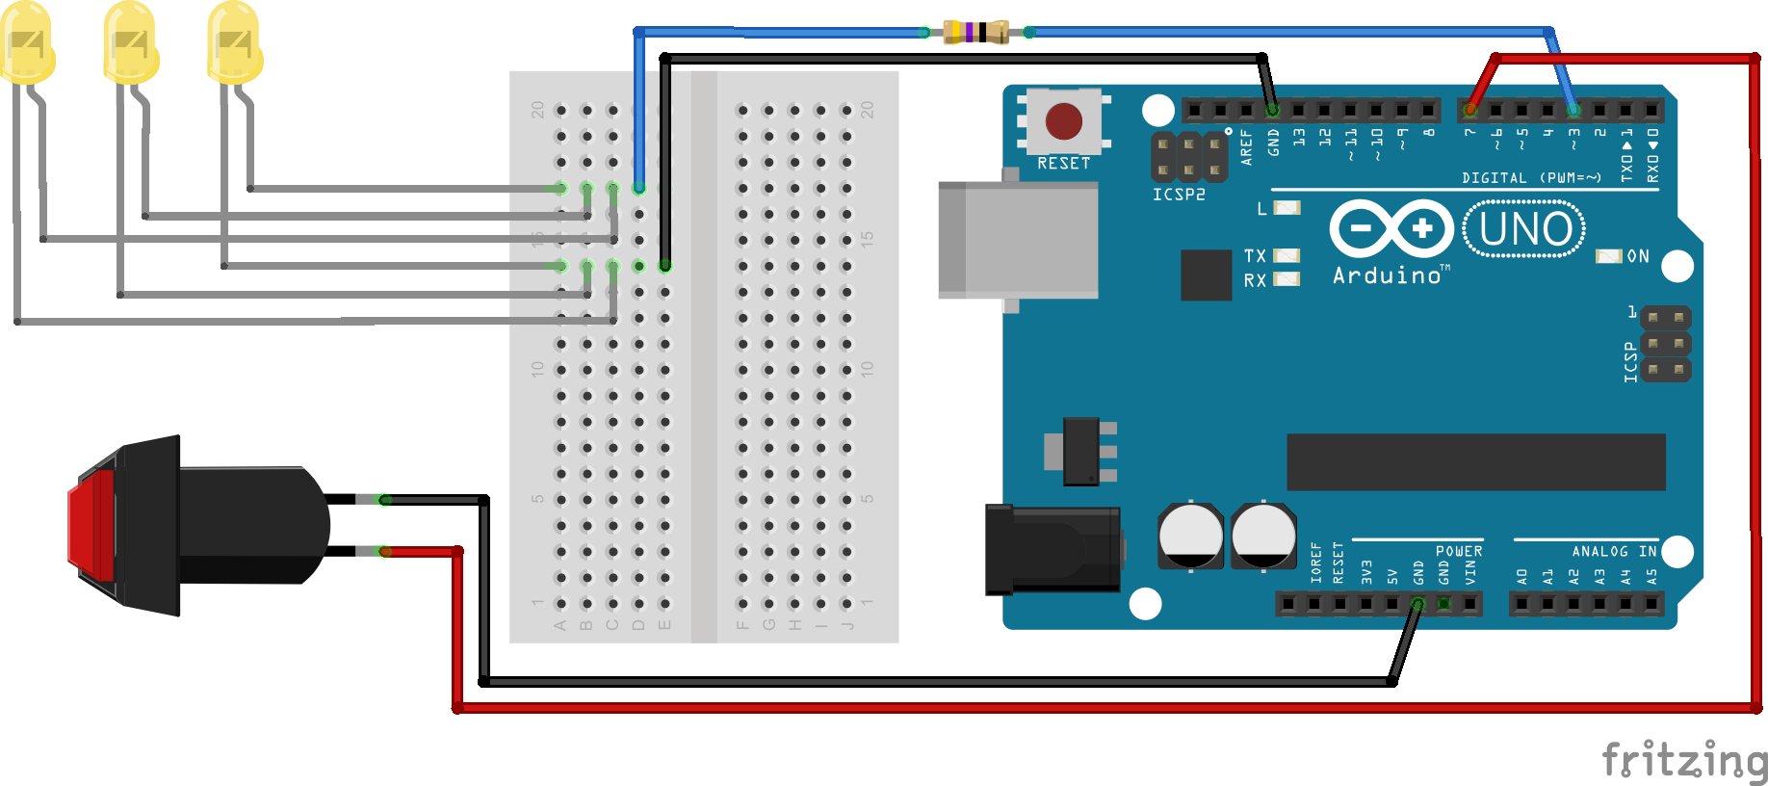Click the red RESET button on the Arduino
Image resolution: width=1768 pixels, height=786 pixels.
pyautogui.click(x=1063, y=121)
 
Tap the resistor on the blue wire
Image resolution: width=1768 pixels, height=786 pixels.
pyautogui.click(x=975, y=32)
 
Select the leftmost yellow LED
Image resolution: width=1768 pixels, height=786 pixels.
pyautogui.click(x=27, y=42)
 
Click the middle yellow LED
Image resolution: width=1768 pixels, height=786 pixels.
pyautogui.click(x=131, y=42)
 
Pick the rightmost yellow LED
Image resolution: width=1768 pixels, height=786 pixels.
pyautogui.click(x=234, y=42)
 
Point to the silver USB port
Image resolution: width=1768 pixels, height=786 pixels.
pyautogui.click(x=1018, y=240)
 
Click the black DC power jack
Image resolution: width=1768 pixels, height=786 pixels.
pyautogui.click(x=1053, y=549)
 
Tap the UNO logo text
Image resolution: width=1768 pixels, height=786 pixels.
pyautogui.click(x=1524, y=229)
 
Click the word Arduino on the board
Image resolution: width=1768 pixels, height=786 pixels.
pyautogui.click(x=1387, y=276)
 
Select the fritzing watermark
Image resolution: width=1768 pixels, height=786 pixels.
pyautogui.click(x=1684, y=761)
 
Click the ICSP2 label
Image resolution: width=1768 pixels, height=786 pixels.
pyautogui.click(x=1179, y=195)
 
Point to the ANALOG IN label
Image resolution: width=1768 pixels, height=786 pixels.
pyautogui.click(x=1614, y=551)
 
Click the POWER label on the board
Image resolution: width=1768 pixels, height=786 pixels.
pyautogui.click(x=1459, y=551)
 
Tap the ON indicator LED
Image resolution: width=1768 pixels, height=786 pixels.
pyautogui.click(x=1609, y=256)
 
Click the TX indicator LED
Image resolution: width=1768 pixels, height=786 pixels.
pyautogui.click(x=1287, y=255)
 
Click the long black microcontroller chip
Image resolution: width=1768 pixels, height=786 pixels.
pyautogui.click(x=1475, y=461)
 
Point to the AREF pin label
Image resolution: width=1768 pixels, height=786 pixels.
pyautogui.click(x=1246, y=147)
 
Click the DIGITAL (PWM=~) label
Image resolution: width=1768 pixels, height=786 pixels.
pyautogui.click(x=1531, y=177)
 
